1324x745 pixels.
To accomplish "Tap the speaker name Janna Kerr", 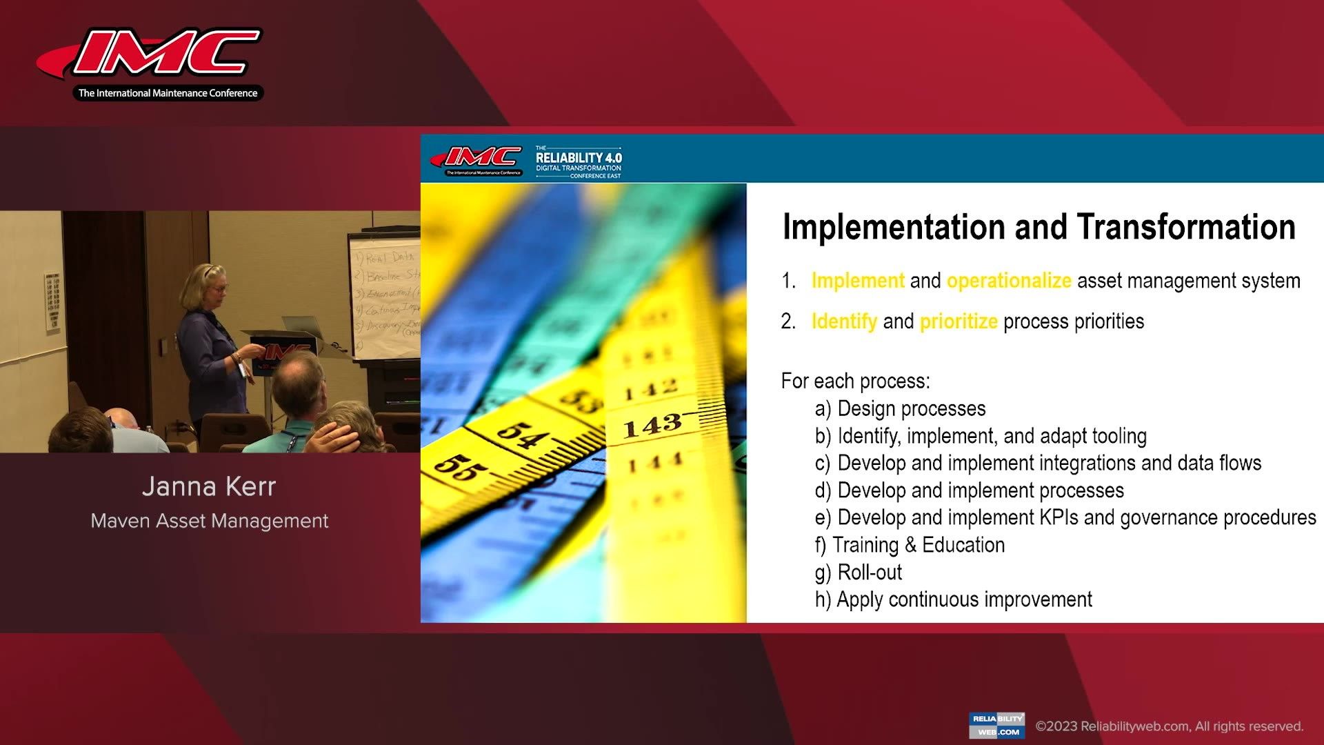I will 209,487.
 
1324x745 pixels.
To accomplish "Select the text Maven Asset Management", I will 209,521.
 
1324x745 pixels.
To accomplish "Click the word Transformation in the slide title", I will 1185,227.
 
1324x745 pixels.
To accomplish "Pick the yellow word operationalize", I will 1008,281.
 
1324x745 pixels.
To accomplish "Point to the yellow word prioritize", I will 958,321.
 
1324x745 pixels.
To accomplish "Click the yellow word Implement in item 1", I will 857,281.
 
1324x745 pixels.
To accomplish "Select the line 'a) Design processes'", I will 900,409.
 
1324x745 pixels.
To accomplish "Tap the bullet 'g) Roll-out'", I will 858,573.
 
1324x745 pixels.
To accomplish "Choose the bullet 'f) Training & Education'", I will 910,545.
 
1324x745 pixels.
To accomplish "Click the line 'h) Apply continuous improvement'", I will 953,599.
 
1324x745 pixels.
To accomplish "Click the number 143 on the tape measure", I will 652,426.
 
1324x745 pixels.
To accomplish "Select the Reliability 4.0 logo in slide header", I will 578,162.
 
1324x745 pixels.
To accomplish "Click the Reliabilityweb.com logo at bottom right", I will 996,726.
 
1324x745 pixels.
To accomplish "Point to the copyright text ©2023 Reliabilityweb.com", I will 1169,726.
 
